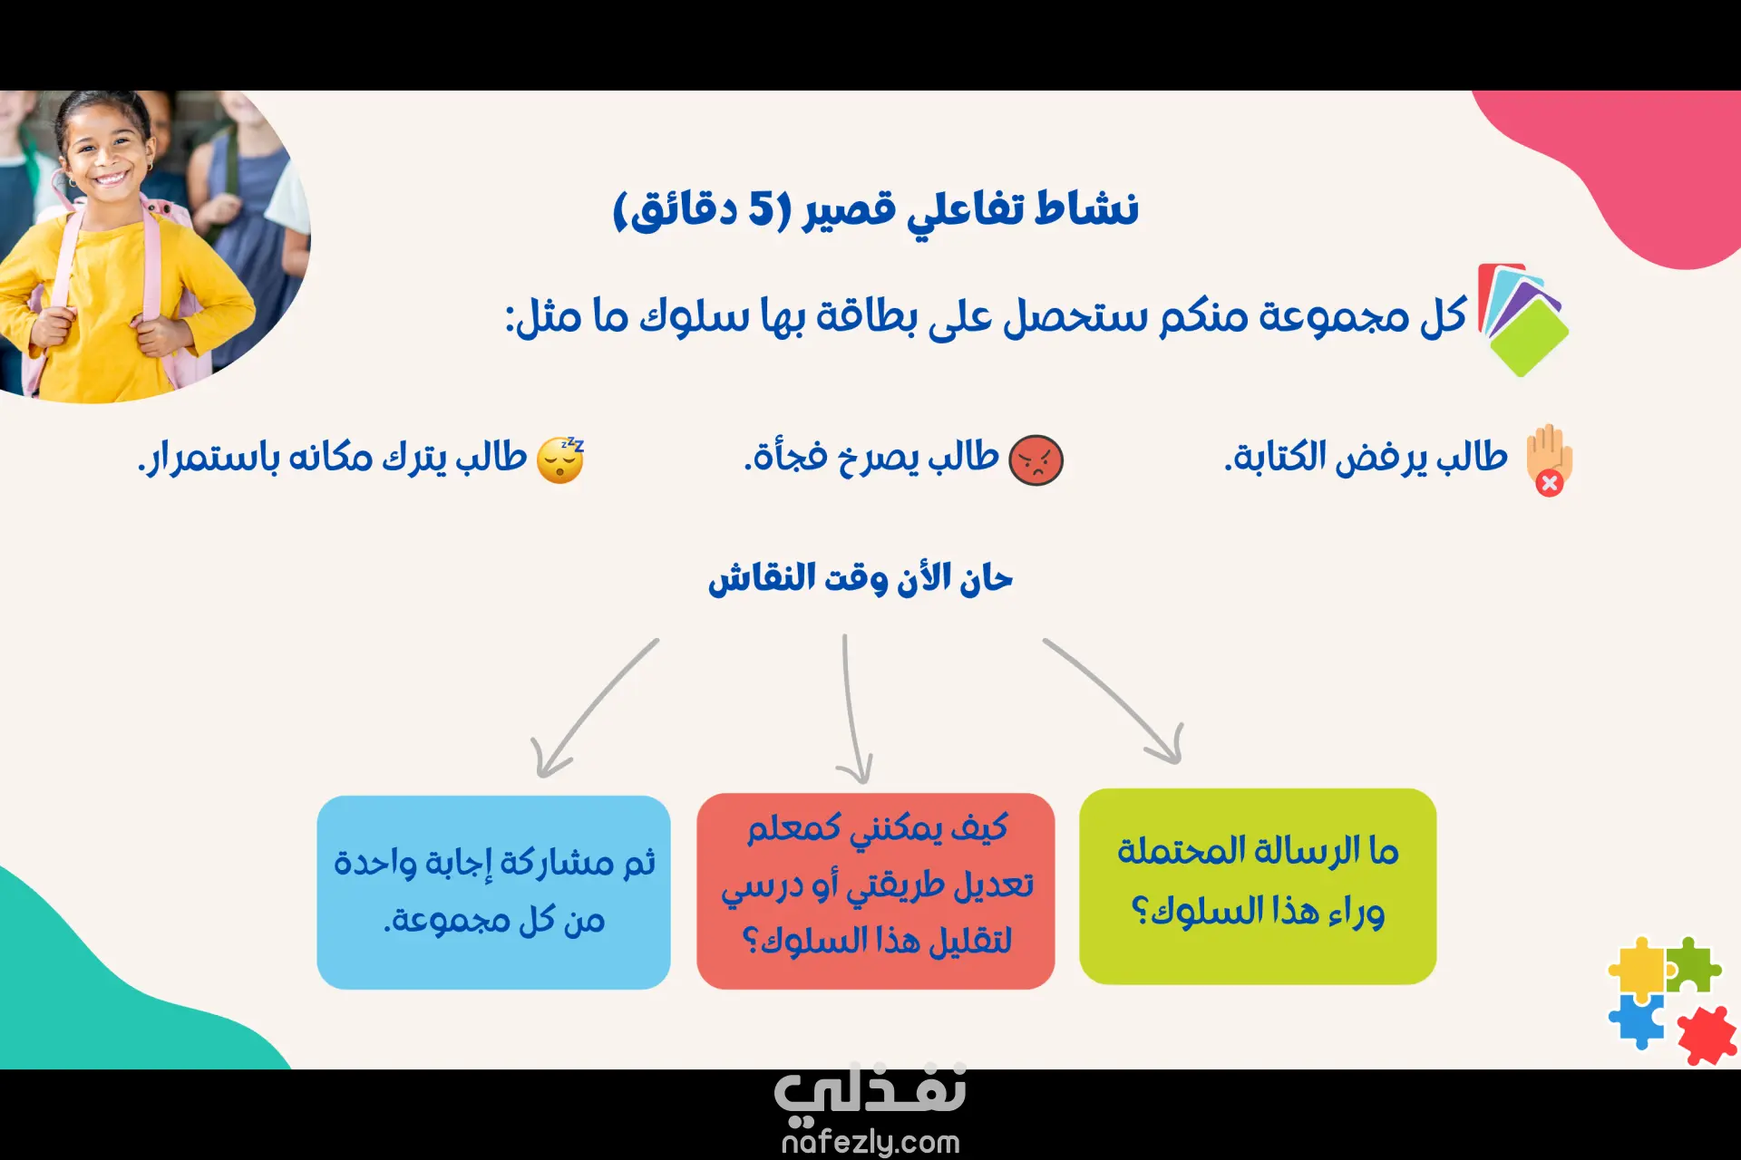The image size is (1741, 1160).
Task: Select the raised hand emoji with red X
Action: [1550, 459]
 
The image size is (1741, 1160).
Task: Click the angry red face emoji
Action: [1036, 459]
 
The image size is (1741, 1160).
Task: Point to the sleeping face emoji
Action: [560, 459]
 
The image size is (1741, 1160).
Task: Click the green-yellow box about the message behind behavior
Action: [1258, 886]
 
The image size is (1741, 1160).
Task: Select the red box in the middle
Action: [875, 891]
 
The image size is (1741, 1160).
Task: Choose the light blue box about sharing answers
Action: [493, 892]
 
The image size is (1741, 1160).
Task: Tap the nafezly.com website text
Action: [870, 1142]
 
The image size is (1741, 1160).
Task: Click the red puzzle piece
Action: [1706, 1035]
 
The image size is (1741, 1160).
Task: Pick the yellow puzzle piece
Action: [1638, 966]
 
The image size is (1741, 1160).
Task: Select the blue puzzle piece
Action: [1638, 1020]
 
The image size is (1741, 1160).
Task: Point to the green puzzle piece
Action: [1693, 964]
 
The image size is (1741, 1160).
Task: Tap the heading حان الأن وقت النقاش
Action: [861, 578]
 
